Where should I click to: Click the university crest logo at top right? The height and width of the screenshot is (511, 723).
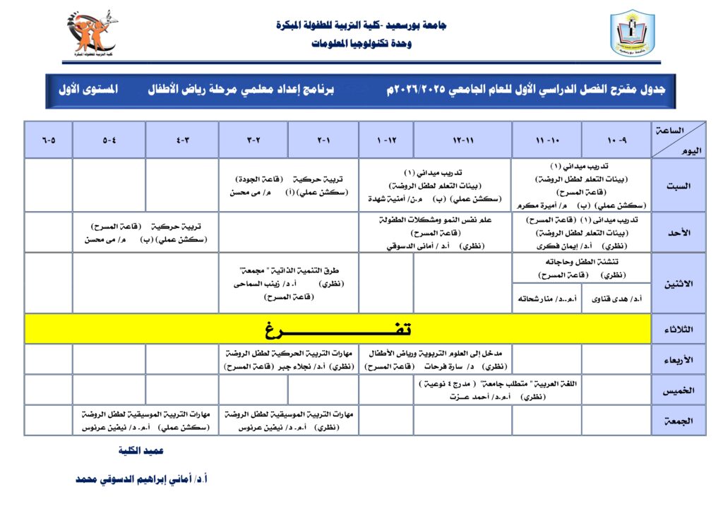click(632, 33)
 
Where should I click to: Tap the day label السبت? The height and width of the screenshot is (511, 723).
click(679, 186)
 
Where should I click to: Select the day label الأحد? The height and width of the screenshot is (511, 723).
click(679, 232)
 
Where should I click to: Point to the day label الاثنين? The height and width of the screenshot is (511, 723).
click(679, 283)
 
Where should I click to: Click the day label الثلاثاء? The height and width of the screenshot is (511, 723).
click(679, 330)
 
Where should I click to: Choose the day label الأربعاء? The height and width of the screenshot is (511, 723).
click(679, 360)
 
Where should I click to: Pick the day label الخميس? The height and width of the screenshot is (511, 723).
click(679, 390)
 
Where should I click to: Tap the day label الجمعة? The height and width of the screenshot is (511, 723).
click(679, 421)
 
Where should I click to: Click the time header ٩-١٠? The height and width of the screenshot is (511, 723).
click(617, 140)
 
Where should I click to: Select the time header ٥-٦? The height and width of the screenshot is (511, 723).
click(48, 140)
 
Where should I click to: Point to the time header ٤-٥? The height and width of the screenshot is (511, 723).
click(109, 140)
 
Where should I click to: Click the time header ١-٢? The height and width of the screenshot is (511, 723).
click(323, 140)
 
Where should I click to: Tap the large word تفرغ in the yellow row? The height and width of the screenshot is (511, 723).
click(337, 330)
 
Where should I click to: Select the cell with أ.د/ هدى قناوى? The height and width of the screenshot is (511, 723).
click(617, 299)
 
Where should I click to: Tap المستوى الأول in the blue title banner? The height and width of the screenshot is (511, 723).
click(88, 90)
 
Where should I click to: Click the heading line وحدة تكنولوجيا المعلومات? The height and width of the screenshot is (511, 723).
click(361, 43)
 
